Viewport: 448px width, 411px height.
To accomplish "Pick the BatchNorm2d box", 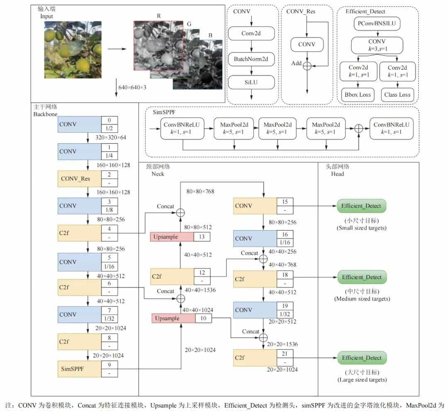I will click(252, 59).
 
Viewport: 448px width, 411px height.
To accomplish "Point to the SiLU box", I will click(252, 82).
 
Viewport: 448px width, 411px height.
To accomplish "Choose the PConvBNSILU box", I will click(377, 24).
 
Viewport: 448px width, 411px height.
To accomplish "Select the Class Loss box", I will click(397, 95).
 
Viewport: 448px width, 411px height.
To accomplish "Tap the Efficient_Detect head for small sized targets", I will click(361, 206).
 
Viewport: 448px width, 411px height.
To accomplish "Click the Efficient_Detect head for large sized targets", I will click(361, 358).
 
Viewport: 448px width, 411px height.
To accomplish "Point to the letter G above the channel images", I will click(190, 24).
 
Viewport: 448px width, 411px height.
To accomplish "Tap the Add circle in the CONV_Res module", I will click(307, 66).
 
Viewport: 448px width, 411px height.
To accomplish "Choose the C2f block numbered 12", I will click(172, 276).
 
